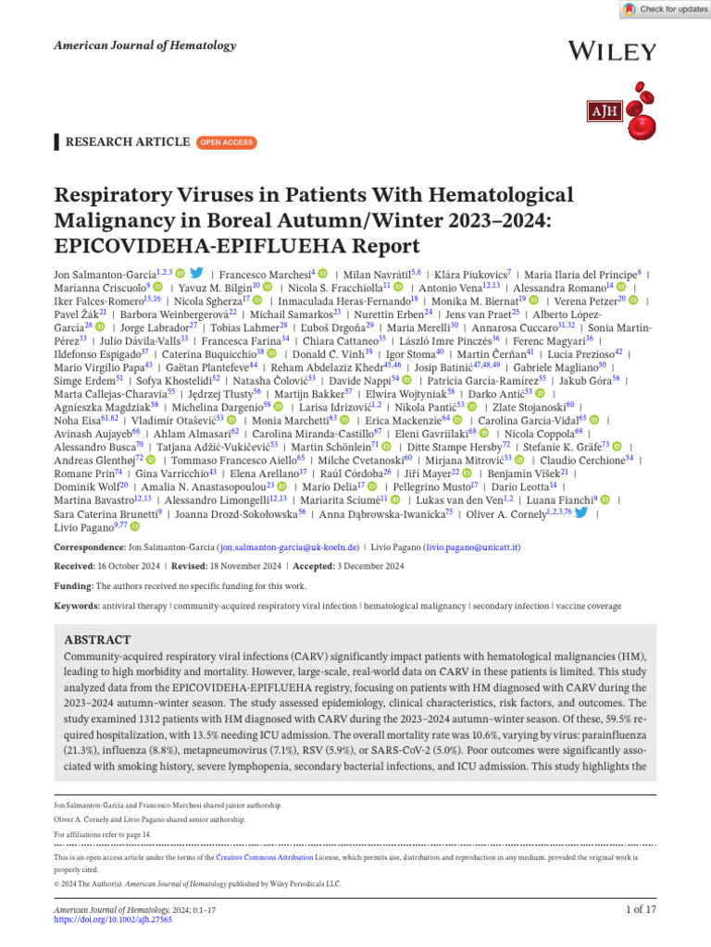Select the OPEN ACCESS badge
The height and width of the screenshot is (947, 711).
[226, 142]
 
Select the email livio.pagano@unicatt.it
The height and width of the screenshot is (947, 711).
[471, 547]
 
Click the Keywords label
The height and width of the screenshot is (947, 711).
[77, 605]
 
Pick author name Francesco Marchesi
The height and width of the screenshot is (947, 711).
[263, 275]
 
